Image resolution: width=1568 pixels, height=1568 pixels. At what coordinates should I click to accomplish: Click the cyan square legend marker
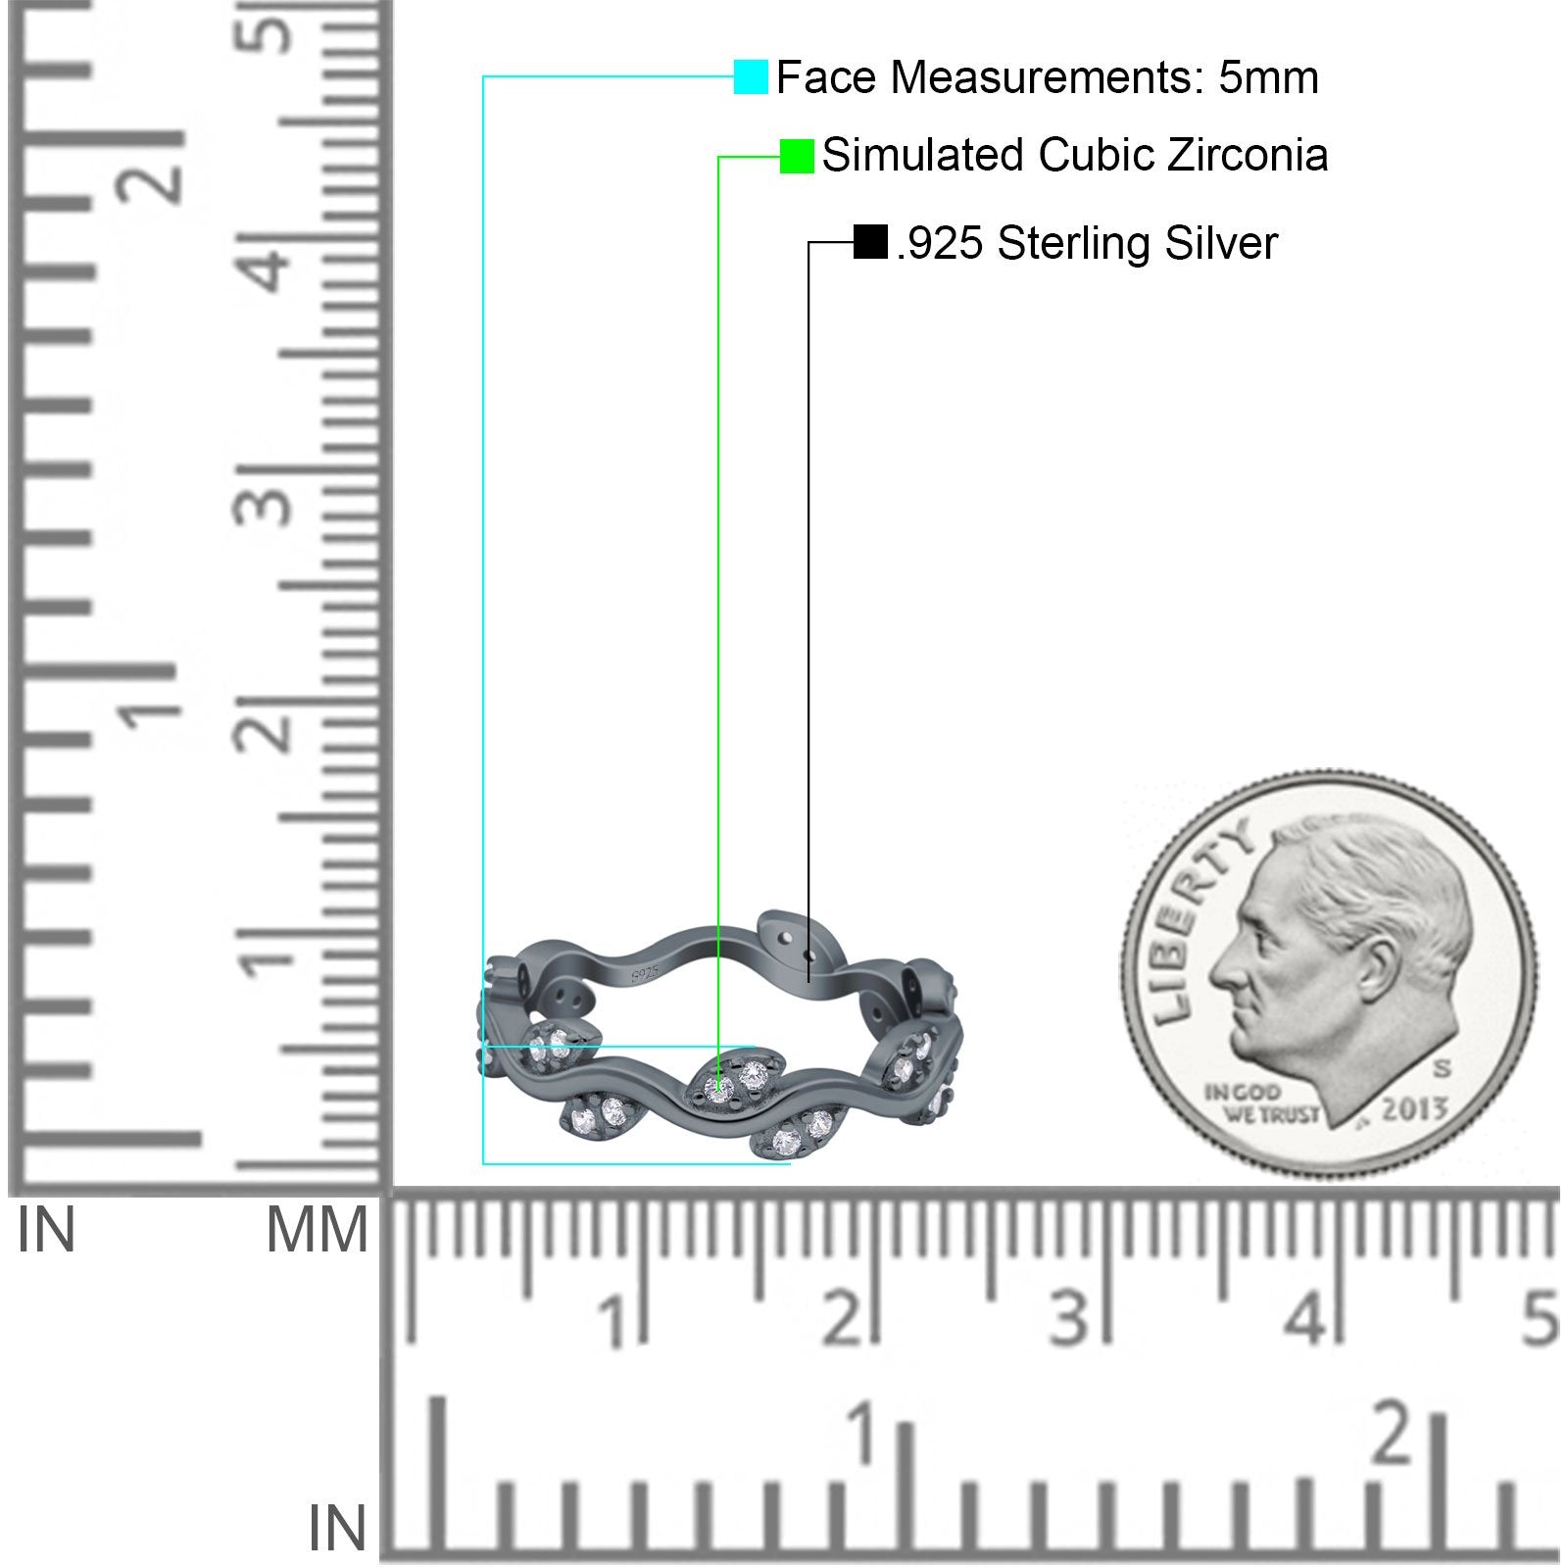coord(751,76)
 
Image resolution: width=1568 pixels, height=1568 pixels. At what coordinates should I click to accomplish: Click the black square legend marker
coord(870,242)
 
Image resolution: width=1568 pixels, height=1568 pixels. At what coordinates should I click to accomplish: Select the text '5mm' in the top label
coord(1269,77)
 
